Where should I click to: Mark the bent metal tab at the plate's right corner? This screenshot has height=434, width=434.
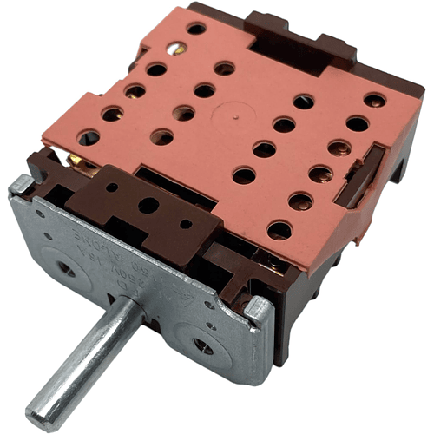tap(259, 307)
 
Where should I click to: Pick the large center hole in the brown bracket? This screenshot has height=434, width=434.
tap(148, 207)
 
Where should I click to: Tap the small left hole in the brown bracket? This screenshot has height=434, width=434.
tap(111, 187)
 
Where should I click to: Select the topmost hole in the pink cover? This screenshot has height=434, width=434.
tap(197, 29)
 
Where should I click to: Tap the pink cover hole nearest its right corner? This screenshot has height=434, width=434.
tap(375, 100)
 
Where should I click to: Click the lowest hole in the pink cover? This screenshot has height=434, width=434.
tap(279, 230)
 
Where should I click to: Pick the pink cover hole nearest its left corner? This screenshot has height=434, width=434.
tap(89, 137)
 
